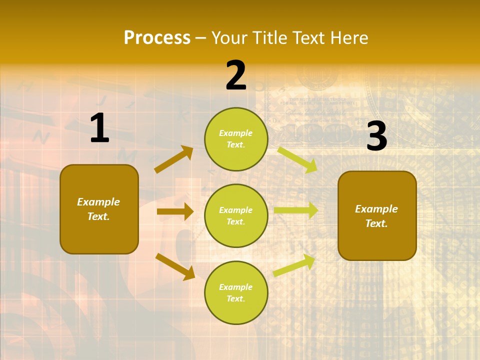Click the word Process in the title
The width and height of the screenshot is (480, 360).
(157, 38)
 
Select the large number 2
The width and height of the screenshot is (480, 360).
(236, 75)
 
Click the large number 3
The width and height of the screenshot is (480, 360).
(376, 136)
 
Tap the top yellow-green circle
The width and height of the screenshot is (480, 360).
(236, 139)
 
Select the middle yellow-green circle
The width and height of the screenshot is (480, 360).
(236, 215)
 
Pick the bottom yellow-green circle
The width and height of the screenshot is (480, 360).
(236, 292)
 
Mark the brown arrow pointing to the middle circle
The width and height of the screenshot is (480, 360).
(175, 211)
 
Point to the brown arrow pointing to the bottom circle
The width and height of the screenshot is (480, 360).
(175, 266)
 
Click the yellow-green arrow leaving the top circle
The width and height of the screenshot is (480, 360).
(297, 159)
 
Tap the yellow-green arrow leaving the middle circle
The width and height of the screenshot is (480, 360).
(295, 210)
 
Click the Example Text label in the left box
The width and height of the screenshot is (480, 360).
(98, 209)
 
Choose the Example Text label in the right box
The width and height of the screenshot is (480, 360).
(376, 216)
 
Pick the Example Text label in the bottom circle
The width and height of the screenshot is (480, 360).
(236, 292)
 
